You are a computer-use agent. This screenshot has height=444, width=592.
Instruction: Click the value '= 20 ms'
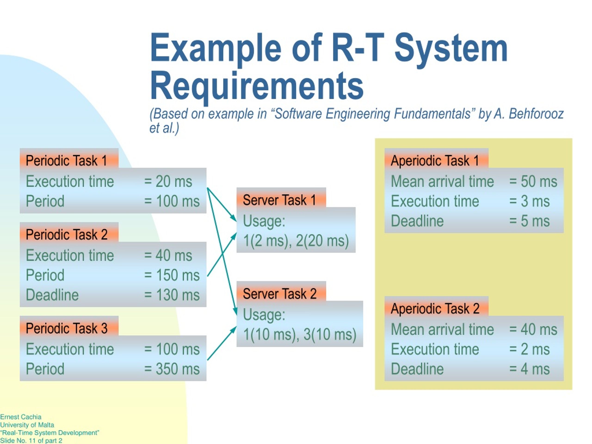point(168,181)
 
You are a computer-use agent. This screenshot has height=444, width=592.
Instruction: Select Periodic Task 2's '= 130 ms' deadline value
point(172,295)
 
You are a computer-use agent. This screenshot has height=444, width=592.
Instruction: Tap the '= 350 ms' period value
point(172,369)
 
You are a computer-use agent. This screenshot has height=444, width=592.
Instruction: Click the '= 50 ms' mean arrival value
point(533,181)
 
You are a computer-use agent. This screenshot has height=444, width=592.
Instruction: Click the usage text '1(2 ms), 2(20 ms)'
point(296,240)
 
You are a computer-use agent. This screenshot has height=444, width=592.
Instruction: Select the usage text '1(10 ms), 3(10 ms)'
point(300,334)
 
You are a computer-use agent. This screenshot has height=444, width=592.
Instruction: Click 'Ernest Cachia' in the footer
point(21,417)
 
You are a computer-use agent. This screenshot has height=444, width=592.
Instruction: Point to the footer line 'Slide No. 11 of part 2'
point(31,441)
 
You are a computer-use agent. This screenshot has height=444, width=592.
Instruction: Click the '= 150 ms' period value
point(172,275)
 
